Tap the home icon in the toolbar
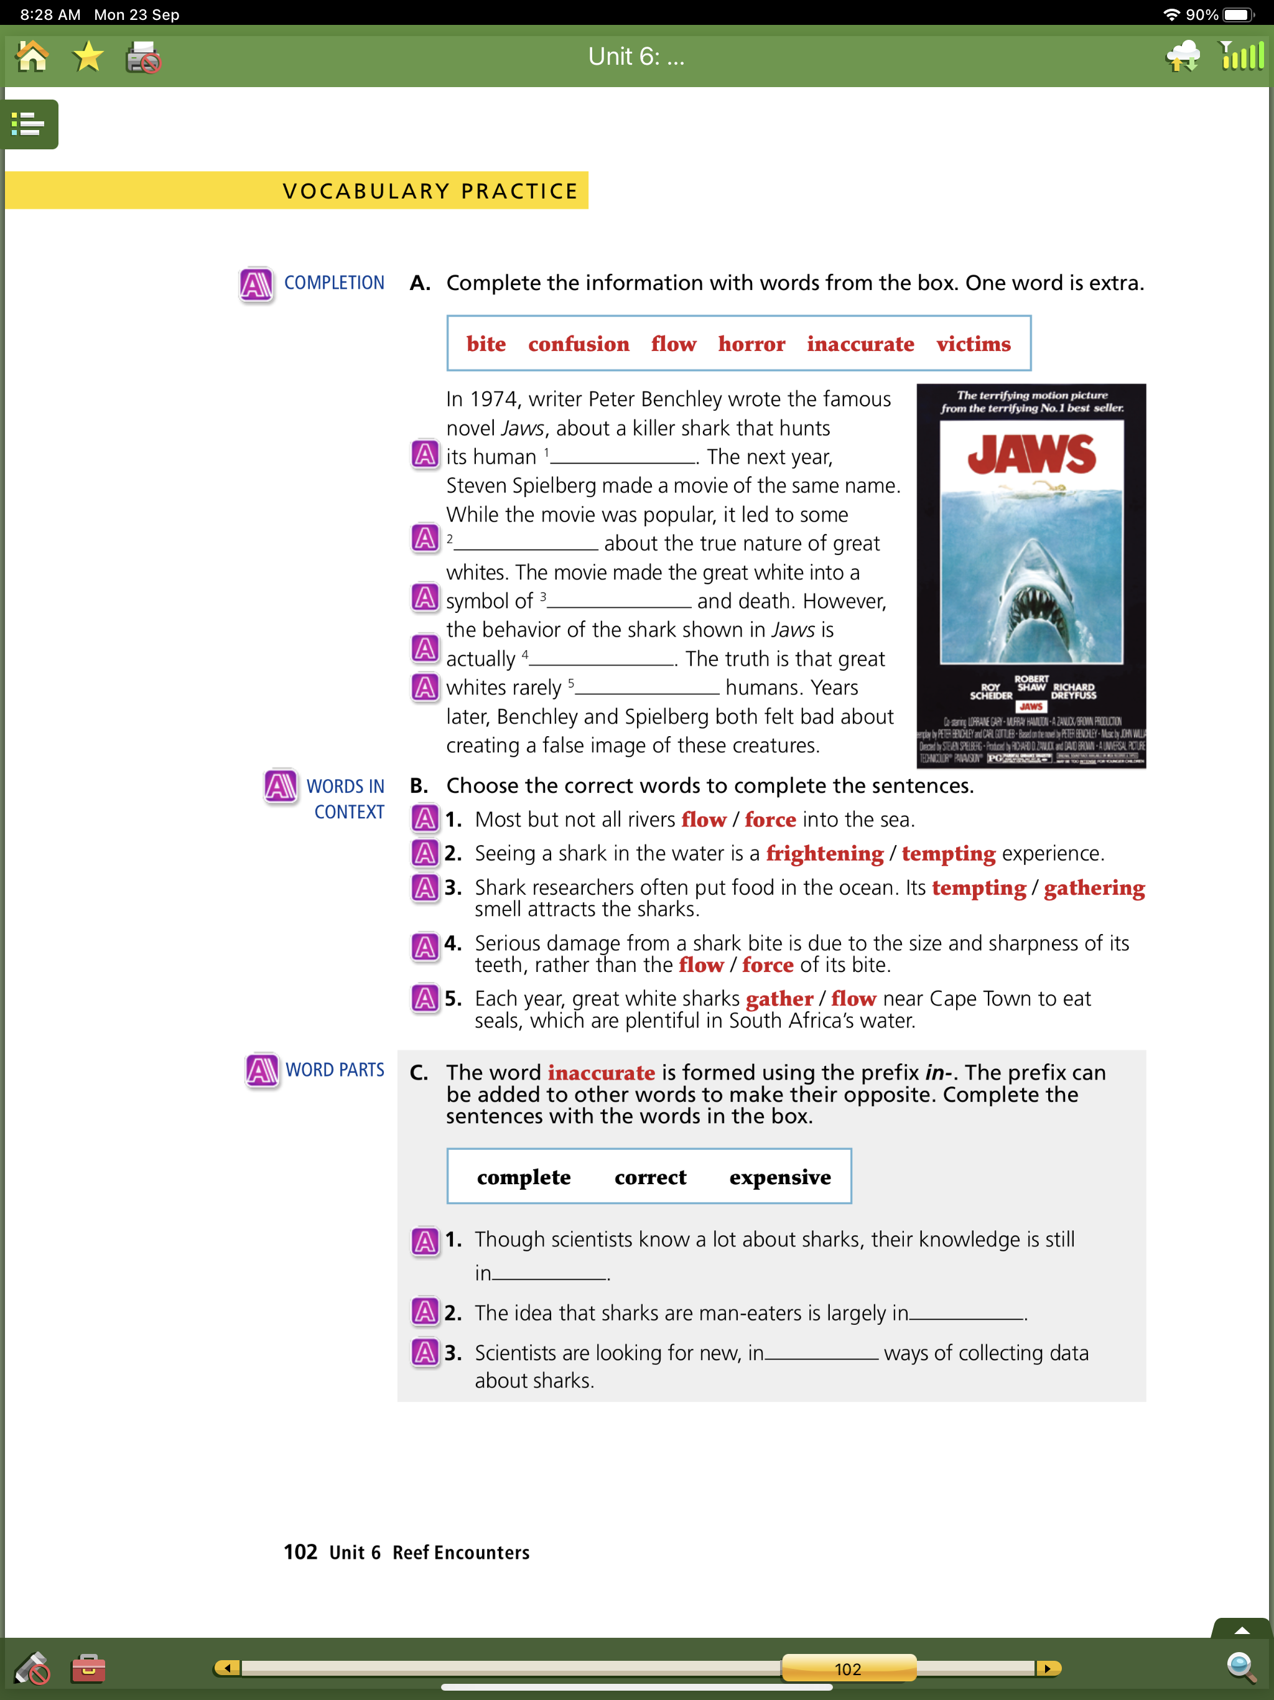pos(32,57)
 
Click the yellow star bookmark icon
pos(88,57)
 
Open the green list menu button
pos(29,124)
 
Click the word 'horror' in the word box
pos(751,343)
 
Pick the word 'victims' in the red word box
pos(973,343)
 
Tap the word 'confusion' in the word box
pos(578,343)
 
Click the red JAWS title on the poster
pos(1031,454)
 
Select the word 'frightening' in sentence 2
pos(824,853)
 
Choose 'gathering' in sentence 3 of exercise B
pos(1094,888)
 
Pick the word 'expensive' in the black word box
pos(779,1177)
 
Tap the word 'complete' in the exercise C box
pos(523,1177)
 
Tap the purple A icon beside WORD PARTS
pos(262,1070)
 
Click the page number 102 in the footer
pos(300,1552)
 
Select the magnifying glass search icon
pos(1240,1667)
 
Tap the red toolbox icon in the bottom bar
pos(88,1668)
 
